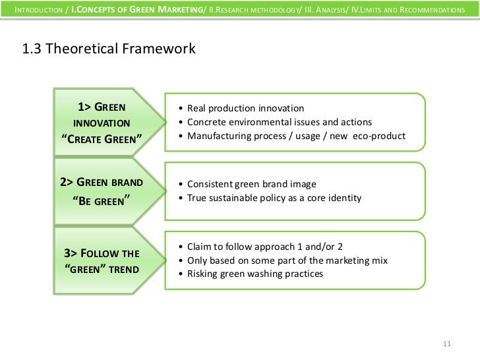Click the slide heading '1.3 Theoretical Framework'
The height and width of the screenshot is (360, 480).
[109, 49]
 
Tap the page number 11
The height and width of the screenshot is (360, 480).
[446, 344]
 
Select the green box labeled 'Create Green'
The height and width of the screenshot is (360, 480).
[102, 123]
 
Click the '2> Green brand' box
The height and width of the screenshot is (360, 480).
[102, 191]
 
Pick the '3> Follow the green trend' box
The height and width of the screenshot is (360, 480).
[102, 260]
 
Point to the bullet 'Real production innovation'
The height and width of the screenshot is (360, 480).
[245, 108]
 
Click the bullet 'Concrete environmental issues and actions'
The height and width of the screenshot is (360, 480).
[280, 122]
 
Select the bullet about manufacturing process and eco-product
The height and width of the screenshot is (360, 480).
[296, 136]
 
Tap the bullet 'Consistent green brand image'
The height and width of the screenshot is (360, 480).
[252, 184]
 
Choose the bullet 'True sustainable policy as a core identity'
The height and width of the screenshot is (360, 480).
[274, 198]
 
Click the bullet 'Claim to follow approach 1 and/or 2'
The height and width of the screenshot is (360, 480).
[265, 247]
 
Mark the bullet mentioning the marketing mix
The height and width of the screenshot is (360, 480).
[287, 260]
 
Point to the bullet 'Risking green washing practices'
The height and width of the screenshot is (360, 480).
[255, 274]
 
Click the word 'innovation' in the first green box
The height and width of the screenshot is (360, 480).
[102, 123]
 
